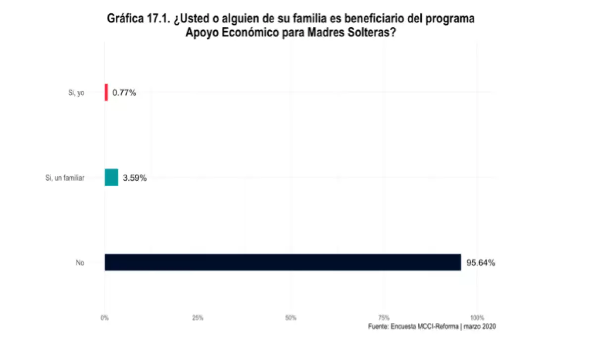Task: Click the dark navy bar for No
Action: point(282,262)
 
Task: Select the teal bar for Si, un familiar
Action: point(111,177)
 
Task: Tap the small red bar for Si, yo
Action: point(106,92)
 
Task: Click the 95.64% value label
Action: point(481,263)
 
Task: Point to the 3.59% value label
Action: point(135,178)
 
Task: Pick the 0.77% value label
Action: point(124,93)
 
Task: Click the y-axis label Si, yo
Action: point(76,93)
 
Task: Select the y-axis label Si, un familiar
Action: point(65,178)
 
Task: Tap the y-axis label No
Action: point(80,263)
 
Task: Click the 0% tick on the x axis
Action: point(104,317)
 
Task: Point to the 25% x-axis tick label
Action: point(198,317)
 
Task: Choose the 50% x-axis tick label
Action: point(291,317)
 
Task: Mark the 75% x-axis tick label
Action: point(384,317)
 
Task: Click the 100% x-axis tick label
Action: point(477,317)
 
